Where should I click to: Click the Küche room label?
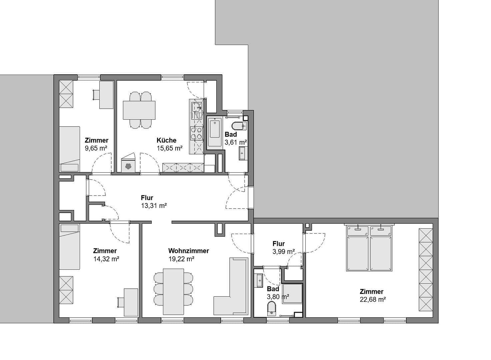click(166, 140)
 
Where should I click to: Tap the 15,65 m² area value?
click(169, 148)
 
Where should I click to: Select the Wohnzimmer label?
click(188, 251)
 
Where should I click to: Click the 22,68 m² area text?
click(373, 299)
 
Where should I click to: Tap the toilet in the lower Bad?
click(272, 308)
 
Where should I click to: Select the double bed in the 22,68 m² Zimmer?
click(369, 248)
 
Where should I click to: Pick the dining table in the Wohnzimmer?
click(173, 291)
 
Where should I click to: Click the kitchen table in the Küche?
click(139, 110)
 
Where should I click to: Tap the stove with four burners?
click(196, 133)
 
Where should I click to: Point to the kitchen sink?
click(196, 107)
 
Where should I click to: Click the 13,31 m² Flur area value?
click(154, 206)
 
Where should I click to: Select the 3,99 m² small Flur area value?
click(283, 252)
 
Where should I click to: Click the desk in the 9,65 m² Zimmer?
click(106, 95)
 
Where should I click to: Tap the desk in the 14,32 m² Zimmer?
click(131, 302)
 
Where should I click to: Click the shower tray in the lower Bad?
click(292, 294)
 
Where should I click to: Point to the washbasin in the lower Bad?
click(259, 280)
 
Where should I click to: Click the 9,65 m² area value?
click(96, 148)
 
